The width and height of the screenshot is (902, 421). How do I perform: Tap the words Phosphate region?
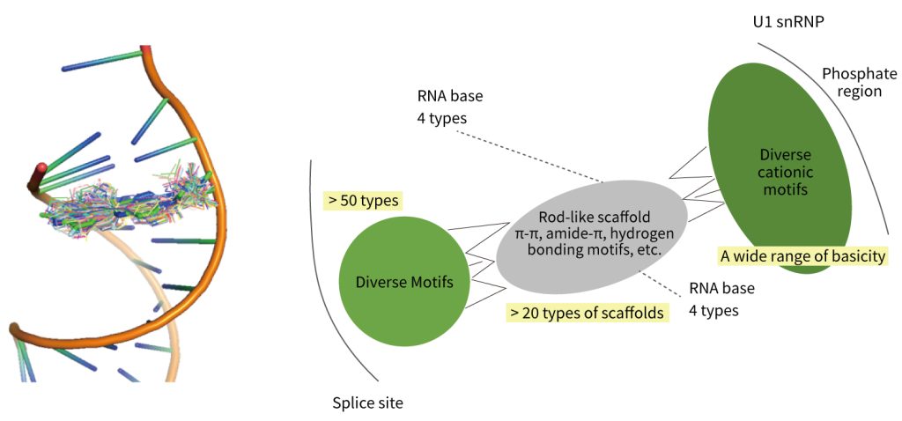coord(852,82)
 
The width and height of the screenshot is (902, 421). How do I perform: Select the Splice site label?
coord(368,403)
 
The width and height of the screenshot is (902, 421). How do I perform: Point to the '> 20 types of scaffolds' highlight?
coord(586,311)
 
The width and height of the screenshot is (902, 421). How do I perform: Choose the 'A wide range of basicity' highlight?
coord(802,256)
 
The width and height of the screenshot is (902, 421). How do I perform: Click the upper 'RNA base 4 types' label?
coord(450,106)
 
